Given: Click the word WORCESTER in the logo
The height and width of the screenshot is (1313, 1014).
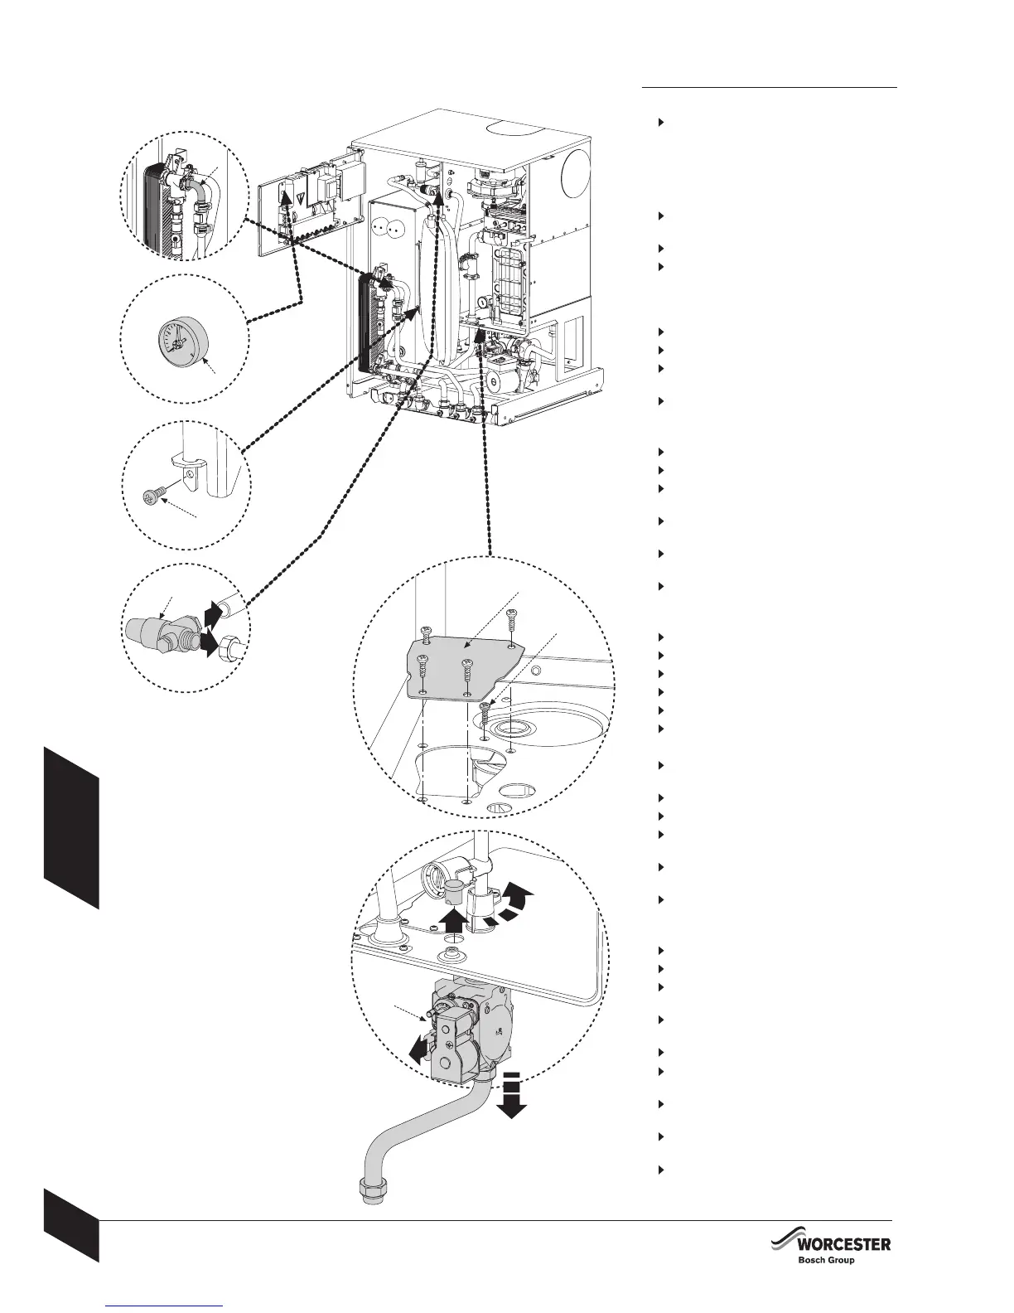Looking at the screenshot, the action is point(843,1244).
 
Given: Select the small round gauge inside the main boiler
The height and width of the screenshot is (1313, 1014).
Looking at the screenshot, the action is point(481,305).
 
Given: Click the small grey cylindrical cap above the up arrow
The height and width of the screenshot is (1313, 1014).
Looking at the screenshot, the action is point(453,894).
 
